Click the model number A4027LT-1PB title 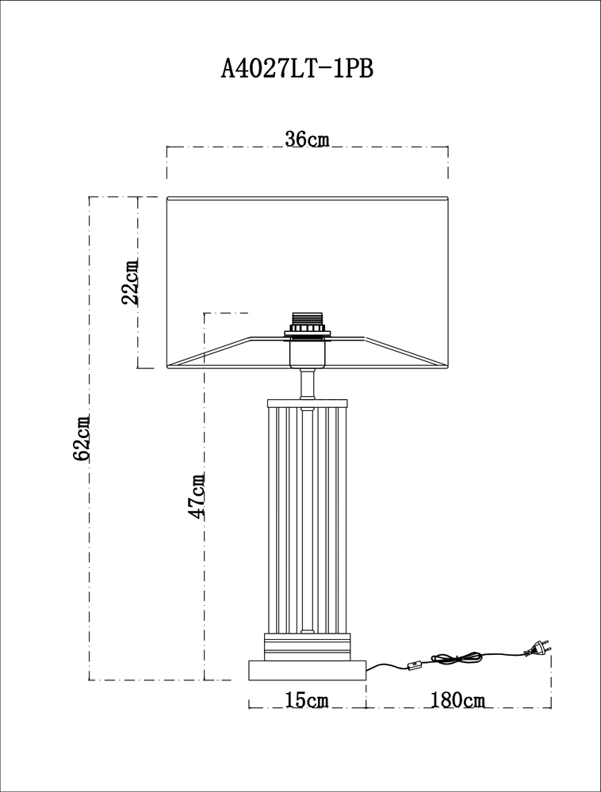[296, 70]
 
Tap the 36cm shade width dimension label [307, 139]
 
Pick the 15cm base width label [307, 700]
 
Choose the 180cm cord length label [458, 700]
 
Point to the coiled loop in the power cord [456, 658]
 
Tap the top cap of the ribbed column [306, 402]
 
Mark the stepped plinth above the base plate [306, 645]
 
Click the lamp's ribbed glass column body [306, 515]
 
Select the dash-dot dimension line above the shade [238, 147]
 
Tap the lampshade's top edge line [307, 197]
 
